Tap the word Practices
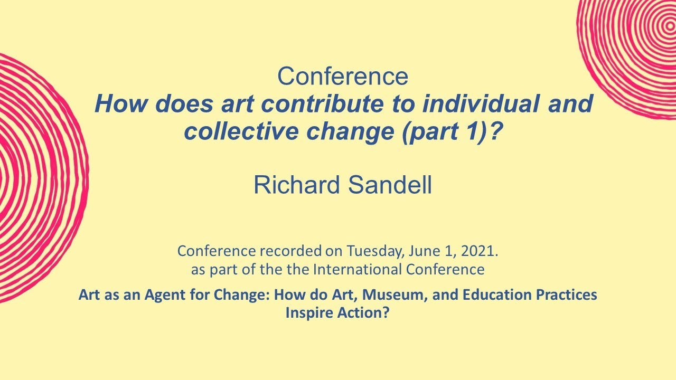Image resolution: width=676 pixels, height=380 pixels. pyautogui.click(x=568, y=294)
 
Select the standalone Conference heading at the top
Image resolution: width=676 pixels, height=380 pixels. pyautogui.click(x=343, y=77)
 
